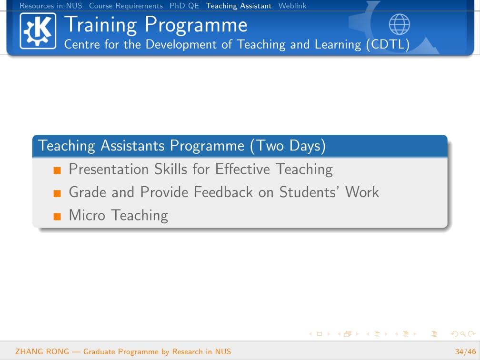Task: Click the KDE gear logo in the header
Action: point(38,31)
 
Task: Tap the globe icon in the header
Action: point(400,24)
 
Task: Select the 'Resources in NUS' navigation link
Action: point(51,6)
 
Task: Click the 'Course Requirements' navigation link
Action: point(126,6)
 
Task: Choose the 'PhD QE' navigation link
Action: point(184,6)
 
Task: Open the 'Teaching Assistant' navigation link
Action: point(239,6)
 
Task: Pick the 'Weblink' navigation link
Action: point(292,6)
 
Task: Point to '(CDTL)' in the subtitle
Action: point(388,44)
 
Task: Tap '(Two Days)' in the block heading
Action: point(288,146)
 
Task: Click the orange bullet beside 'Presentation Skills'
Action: point(57,170)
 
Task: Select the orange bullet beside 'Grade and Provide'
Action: point(57,193)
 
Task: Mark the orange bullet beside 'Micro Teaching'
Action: point(57,216)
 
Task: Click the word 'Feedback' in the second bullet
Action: point(223,192)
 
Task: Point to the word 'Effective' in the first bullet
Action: point(243,169)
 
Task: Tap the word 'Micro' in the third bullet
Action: point(87,215)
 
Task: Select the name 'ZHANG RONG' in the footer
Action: point(42,351)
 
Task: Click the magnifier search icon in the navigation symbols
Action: point(463,334)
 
